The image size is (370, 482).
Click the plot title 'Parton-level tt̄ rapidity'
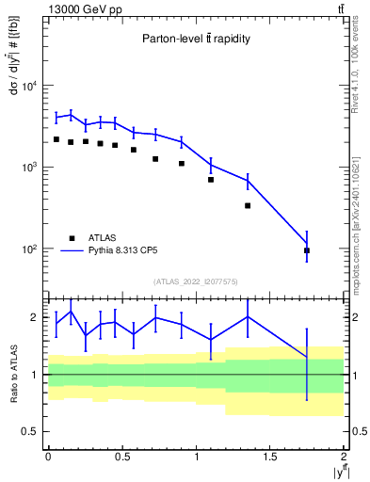click(196, 39)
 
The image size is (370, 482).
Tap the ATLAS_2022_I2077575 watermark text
click(196, 281)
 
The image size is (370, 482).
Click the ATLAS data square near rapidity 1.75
click(307, 250)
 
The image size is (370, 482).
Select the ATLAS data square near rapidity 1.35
click(248, 205)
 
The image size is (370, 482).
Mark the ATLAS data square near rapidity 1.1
click(211, 179)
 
